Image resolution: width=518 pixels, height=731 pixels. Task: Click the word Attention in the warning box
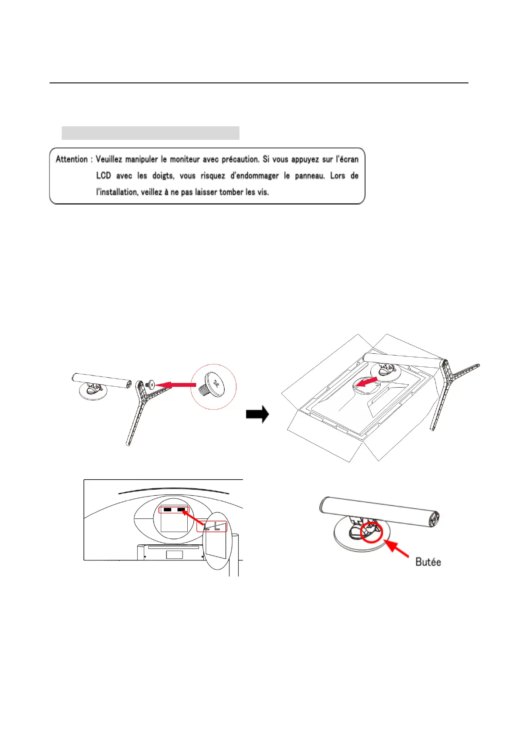pyautogui.click(x=72, y=159)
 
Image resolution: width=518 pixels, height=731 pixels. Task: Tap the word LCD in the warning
pyautogui.click(x=103, y=176)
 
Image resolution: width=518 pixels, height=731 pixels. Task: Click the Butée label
pyautogui.click(x=428, y=562)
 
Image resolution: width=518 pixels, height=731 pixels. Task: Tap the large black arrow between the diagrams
pyautogui.click(x=257, y=415)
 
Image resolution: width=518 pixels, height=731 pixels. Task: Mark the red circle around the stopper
pyautogui.click(x=372, y=532)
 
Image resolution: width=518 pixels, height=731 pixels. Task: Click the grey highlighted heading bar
pyautogui.click(x=150, y=133)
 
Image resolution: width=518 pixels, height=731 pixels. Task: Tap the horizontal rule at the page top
pyautogui.click(x=259, y=82)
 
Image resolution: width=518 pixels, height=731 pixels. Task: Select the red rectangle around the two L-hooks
pyautogui.click(x=212, y=527)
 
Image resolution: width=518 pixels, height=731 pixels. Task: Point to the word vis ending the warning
pyautogui.click(x=263, y=192)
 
